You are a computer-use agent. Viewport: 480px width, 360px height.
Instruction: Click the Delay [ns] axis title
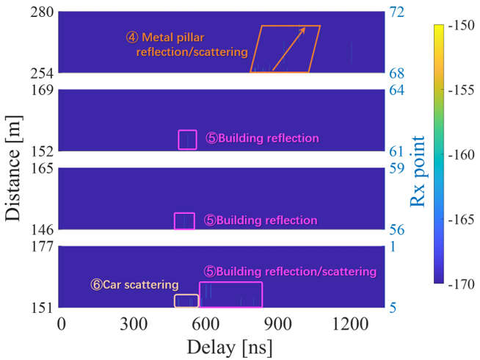pos(222,346)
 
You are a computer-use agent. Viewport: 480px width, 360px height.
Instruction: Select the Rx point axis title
pos(419,179)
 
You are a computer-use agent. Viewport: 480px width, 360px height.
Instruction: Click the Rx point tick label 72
pos(397,12)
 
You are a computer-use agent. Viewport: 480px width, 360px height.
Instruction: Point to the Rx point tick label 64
pos(397,91)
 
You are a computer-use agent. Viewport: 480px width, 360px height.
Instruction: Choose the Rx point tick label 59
pos(397,169)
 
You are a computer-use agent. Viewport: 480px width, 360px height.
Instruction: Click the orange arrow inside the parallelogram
pos(289,49)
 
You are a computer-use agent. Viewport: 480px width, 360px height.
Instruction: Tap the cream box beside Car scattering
pos(186,300)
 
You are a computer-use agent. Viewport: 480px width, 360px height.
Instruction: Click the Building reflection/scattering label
pos(290,272)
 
